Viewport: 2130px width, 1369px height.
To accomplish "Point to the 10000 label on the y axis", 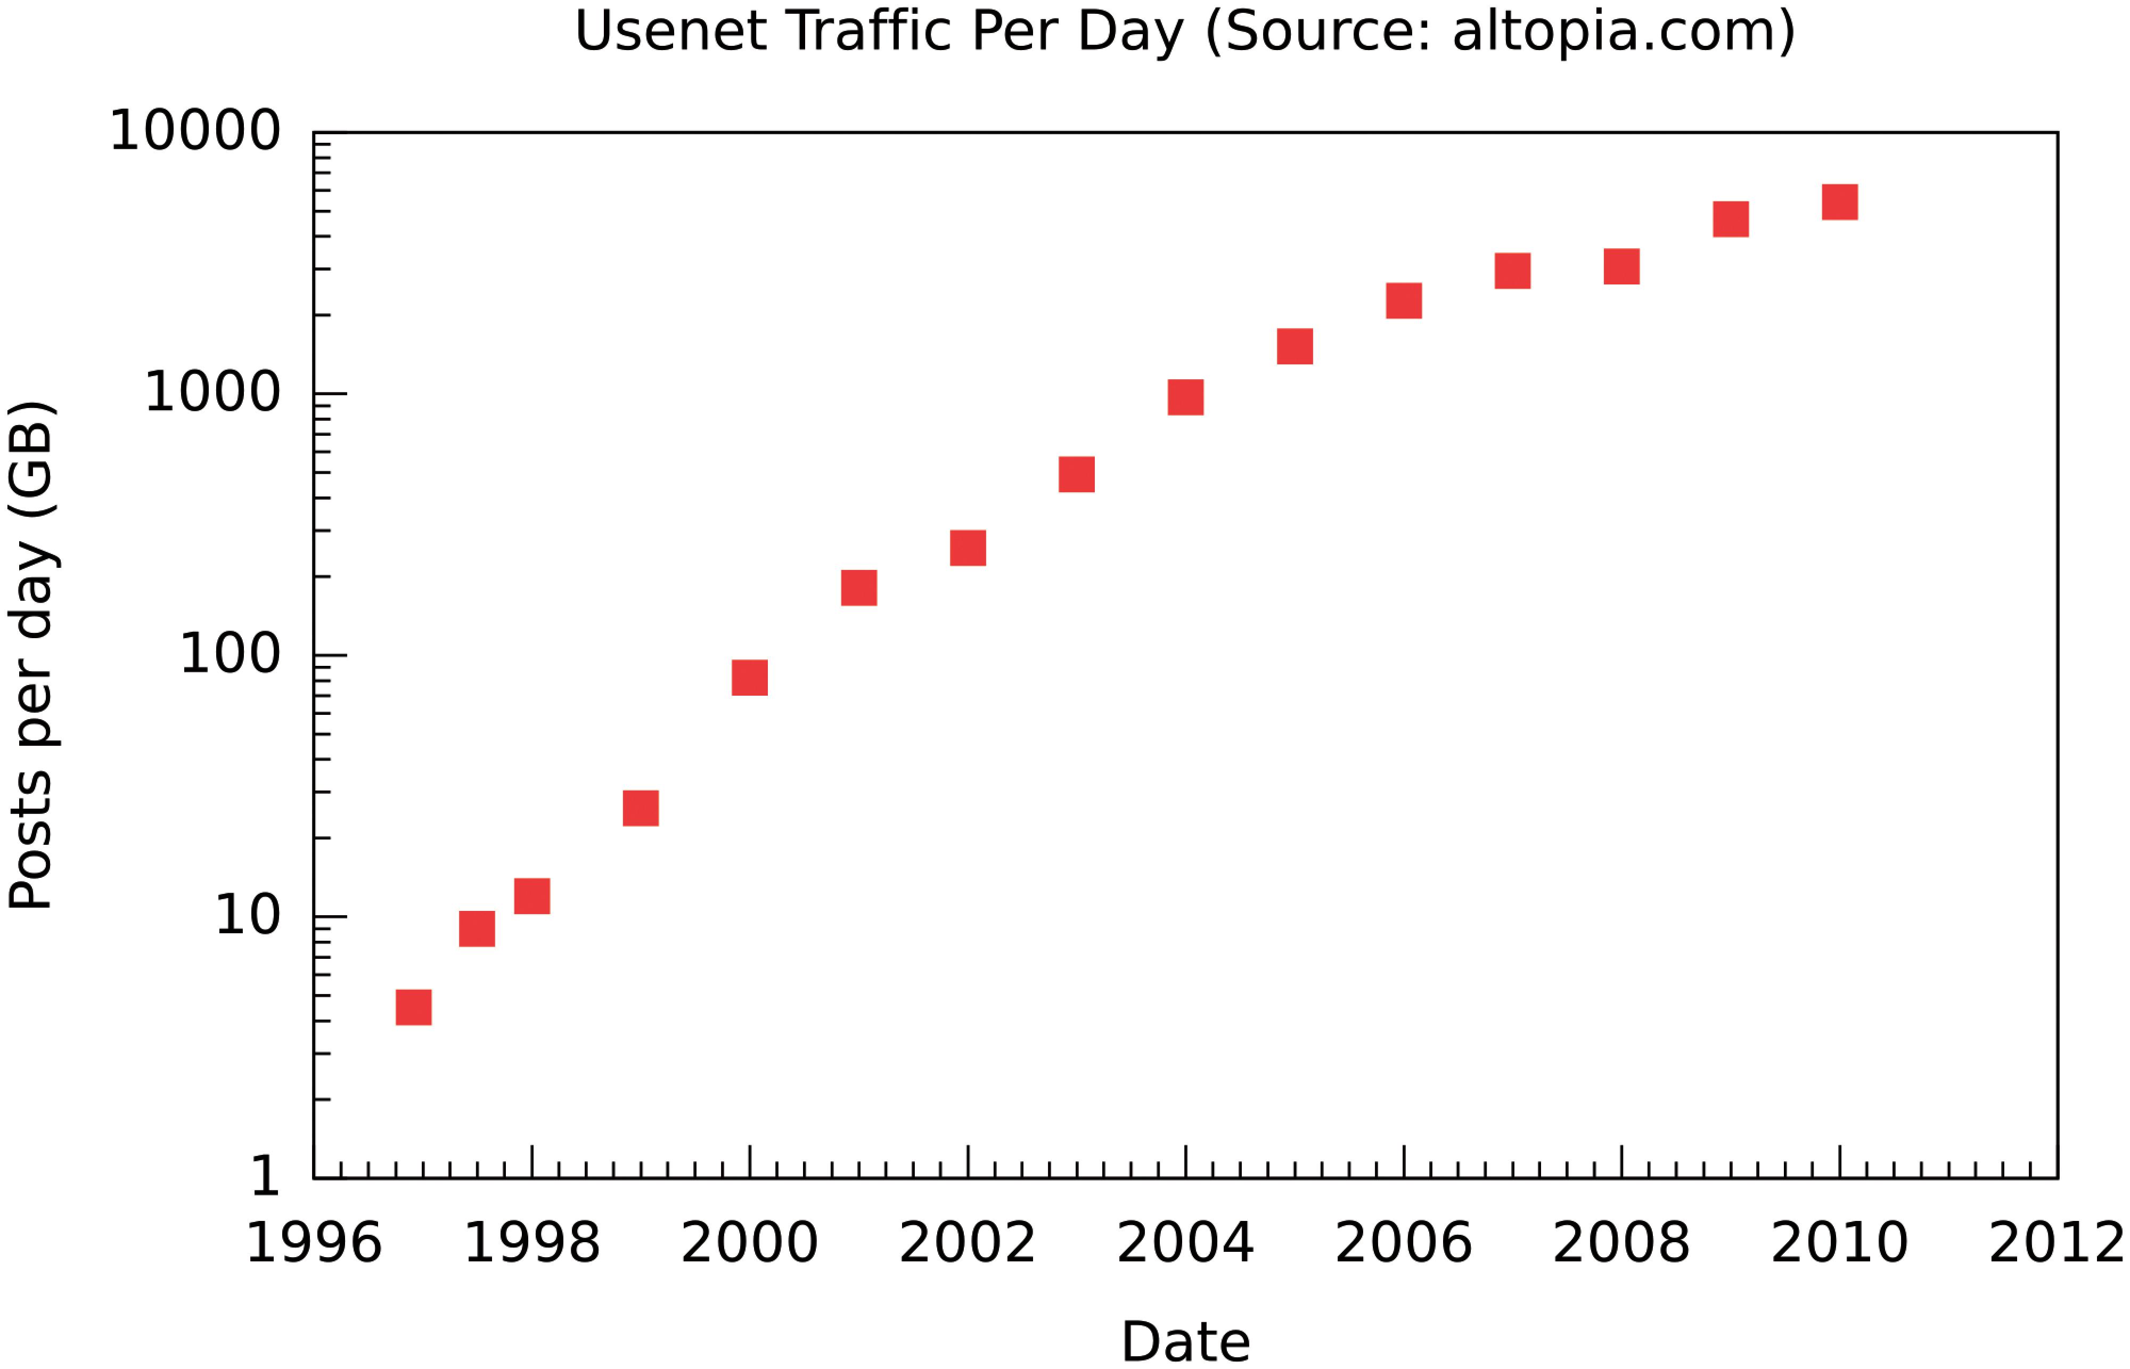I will (x=194, y=132).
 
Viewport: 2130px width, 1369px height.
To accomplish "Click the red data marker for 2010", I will (x=1839, y=202).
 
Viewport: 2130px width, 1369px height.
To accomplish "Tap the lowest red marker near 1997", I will (x=413, y=1007).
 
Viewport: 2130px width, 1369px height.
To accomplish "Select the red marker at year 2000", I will (x=749, y=678).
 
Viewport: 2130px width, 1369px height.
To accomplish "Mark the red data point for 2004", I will (x=1185, y=397).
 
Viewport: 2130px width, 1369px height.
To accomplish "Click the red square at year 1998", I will (x=531, y=896).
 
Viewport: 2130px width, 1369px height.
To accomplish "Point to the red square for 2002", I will (x=968, y=548).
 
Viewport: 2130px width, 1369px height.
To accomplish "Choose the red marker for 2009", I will (x=1730, y=219).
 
